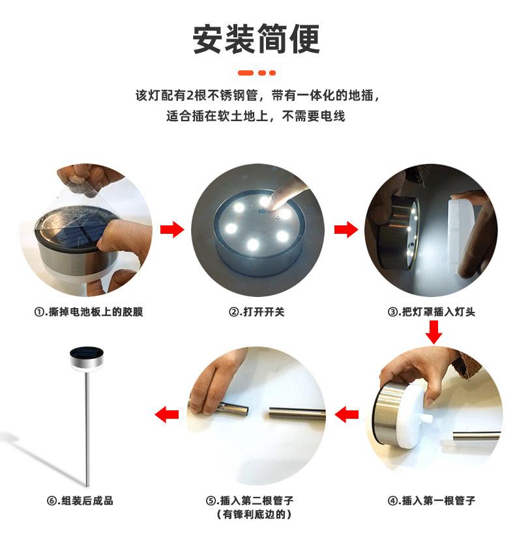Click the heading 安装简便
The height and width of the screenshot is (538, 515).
point(256,39)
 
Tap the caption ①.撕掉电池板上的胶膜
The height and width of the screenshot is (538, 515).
point(89,311)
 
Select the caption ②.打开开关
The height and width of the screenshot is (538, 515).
point(256,311)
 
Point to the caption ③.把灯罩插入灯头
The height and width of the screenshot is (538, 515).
point(431,311)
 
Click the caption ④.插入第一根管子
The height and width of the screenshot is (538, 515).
point(431,501)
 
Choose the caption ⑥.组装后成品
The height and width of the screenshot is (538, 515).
point(80,501)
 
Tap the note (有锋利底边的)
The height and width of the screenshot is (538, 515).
point(254,515)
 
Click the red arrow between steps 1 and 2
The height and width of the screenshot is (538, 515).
point(172,229)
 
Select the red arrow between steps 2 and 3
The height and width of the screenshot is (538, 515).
point(346,229)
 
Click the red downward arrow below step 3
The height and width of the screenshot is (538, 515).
point(434,332)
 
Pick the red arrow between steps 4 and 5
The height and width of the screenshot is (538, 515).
point(346,414)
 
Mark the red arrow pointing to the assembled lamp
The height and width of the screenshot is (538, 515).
point(167,414)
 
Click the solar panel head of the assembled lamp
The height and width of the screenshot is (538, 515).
point(87,358)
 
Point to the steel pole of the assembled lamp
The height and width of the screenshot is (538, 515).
point(87,428)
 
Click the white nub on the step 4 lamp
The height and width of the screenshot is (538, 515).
point(427,419)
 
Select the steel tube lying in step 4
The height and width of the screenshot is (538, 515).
point(477,436)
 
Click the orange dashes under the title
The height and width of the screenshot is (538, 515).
point(256,73)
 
